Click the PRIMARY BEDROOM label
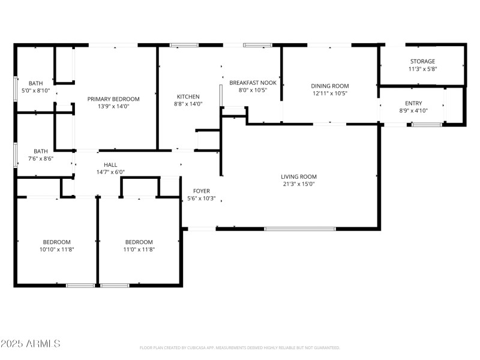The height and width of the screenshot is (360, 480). tap(113, 99)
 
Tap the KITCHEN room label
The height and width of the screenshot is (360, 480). tap(188, 97)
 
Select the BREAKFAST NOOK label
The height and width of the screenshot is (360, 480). tap(253, 83)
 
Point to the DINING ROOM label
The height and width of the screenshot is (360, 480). tap(329, 86)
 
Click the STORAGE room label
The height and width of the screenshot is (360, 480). tap(422, 61)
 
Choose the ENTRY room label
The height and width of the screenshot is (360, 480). tap(413, 103)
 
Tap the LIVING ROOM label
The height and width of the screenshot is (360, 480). tap(299, 176)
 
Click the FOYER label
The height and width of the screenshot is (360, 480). tap(201, 191)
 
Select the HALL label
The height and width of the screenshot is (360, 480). tap(110, 164)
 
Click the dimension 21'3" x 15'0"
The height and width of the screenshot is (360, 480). tap(299, 184)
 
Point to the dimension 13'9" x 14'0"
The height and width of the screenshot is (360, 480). tap(113, 106)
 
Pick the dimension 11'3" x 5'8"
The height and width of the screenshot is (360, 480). tap(422, 68)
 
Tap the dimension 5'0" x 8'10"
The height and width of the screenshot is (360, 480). tap(36, 91)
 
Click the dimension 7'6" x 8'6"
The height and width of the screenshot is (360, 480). tap(41, 158)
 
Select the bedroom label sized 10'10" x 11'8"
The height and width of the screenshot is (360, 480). tap(56, 242)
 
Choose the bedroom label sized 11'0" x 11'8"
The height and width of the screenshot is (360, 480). tap(139, 242)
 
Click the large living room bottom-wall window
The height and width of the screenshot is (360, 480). tap(300, 229)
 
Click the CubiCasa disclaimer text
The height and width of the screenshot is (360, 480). tap(239, 347)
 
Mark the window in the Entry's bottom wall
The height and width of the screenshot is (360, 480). tap(427, 124)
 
